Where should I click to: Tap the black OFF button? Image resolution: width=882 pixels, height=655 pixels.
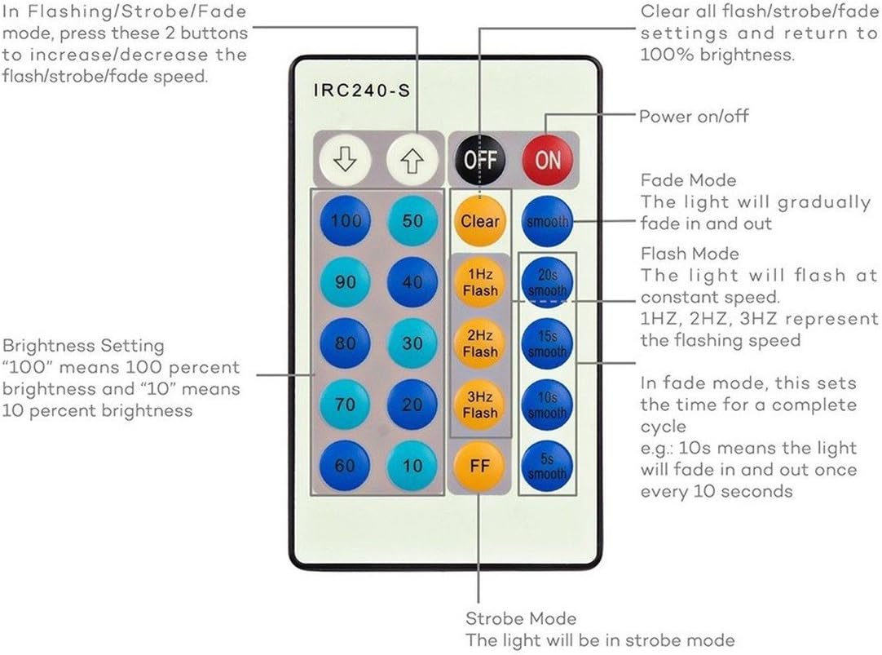click(480, 158)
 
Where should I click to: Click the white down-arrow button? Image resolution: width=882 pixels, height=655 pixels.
click(345, 158)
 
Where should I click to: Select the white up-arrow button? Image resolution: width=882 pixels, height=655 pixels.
click(412, 158)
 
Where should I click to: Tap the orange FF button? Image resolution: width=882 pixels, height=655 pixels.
click(480, 466)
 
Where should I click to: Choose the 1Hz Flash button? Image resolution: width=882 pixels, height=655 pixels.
click(480, 282)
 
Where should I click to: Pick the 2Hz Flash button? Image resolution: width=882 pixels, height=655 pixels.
click(480, 343)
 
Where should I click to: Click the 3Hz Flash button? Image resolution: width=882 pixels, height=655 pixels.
click(480, 405)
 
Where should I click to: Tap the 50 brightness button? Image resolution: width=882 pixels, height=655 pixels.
click(412, 221)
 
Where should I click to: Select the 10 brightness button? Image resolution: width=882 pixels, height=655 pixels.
click(412, 466)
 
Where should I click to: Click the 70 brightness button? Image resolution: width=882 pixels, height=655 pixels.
click(345, 405)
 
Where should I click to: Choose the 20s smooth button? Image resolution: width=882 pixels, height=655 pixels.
click(547, 282)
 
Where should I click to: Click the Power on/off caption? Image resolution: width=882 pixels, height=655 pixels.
click(693, 117)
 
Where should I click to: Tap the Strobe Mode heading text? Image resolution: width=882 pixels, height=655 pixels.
click(521, 618)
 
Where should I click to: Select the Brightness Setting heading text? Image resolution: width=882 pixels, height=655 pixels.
click(83, 346)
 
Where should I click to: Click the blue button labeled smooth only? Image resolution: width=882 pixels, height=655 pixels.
click(547, 221)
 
